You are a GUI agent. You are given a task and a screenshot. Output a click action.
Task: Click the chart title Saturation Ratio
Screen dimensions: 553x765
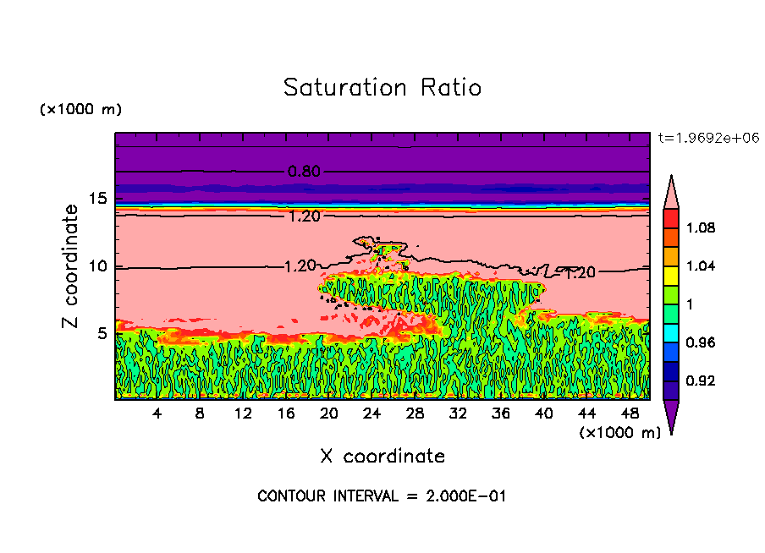tap(382, 88)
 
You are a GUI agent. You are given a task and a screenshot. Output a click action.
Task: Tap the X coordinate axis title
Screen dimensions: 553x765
tap(382, 457)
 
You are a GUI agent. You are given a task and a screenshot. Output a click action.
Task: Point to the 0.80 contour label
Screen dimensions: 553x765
tap(304, 172)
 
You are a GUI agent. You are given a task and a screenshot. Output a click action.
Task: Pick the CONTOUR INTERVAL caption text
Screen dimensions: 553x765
tap(382, 496)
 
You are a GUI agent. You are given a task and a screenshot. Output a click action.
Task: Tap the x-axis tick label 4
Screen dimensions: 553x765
tap(157, 413)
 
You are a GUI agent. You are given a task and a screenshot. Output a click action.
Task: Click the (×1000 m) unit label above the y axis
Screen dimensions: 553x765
tap(81, 110)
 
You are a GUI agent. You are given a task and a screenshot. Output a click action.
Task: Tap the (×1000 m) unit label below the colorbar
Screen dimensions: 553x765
tap(619, 433)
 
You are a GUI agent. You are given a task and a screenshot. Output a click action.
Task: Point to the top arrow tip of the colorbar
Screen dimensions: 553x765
tap(671, 177)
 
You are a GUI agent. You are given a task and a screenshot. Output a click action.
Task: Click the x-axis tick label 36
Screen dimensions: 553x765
tap(500, 413)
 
